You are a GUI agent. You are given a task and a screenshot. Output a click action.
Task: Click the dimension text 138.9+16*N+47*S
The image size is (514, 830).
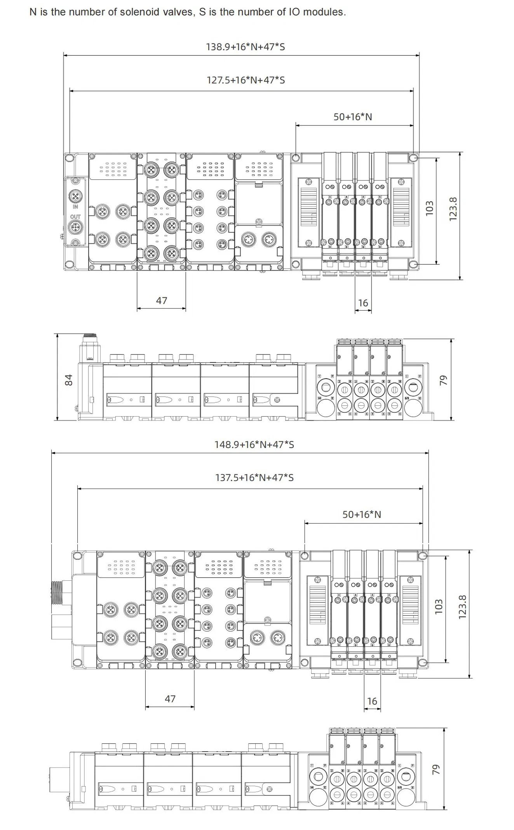click(245, 47)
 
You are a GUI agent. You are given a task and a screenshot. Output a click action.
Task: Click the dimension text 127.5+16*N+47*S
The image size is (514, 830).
click(246, 80)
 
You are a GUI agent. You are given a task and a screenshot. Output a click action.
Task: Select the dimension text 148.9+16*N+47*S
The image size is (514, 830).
click(254, 445)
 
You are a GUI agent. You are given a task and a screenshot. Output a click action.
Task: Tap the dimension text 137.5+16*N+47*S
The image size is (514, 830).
click(254, 478)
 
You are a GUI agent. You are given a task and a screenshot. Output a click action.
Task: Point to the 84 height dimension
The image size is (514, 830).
click(69, 380)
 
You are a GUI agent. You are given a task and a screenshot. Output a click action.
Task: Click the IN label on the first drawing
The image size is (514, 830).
click(75, 207)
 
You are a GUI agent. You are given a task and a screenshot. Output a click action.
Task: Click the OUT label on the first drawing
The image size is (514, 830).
click(75, 217)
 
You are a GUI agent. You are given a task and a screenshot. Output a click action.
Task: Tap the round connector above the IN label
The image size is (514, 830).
click(75, 196)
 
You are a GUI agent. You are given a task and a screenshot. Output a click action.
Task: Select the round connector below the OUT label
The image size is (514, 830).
click(75, 227)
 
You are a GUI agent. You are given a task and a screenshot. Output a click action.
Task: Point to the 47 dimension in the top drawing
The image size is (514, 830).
click(162, 300)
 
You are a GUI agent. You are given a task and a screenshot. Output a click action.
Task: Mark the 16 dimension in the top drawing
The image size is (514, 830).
click(363, 303)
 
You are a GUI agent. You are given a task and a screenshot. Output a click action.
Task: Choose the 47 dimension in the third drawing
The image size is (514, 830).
click(170, 699)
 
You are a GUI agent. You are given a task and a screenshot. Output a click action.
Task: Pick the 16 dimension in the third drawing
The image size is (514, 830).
click(372, 701)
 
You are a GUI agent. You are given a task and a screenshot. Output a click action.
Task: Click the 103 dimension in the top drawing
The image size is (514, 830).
click(429, 208)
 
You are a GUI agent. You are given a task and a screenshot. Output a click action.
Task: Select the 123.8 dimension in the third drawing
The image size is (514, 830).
click(462, 607)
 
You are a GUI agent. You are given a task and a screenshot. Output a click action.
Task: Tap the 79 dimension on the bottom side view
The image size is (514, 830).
click(436, 769)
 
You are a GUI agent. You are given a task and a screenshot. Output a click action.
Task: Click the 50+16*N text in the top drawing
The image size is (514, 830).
click(352, 117)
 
